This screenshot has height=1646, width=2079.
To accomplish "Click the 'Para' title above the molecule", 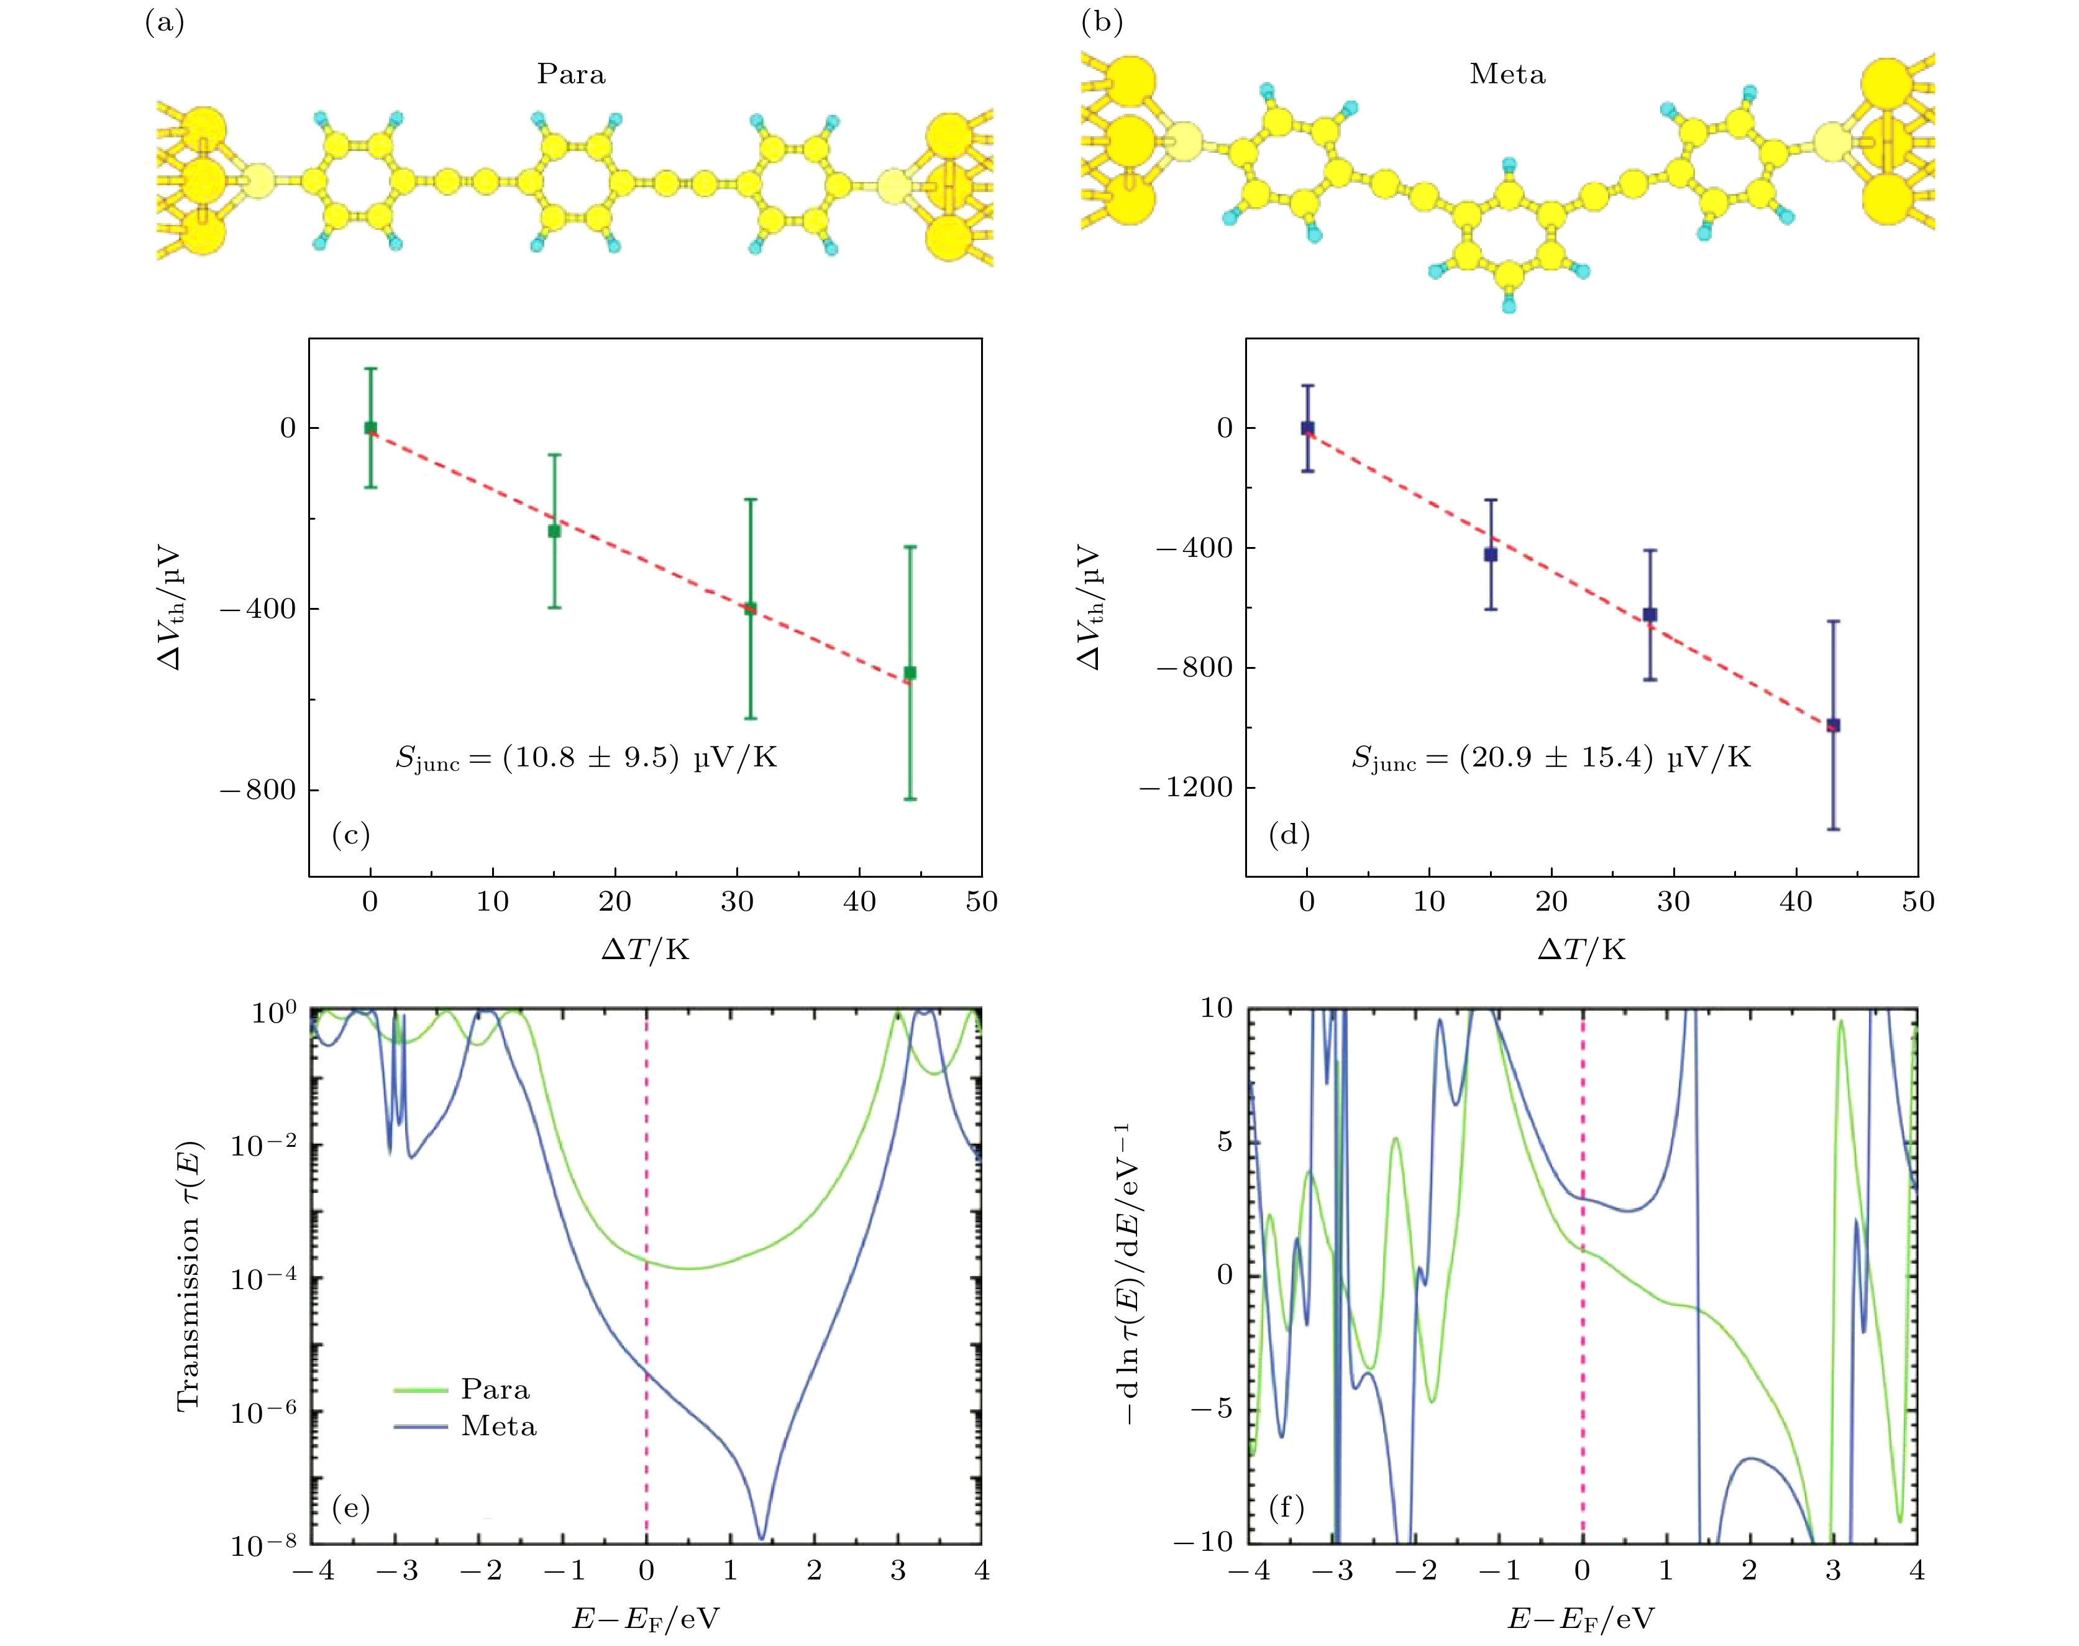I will [x=570, y=74].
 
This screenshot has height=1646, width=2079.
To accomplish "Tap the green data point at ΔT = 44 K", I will [x=910, y=673].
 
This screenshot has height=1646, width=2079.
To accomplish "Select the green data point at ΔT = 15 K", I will [x=554, y=531].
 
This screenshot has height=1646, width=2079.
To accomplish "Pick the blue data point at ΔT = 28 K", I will [x=1649, y=615].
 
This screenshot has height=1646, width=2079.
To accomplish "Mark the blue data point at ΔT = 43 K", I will [x=1834, y=725].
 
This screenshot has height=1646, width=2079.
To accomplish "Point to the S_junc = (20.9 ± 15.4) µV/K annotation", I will [x=1550, y=758].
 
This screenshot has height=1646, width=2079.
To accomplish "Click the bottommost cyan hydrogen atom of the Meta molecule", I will [x=1509, y=306].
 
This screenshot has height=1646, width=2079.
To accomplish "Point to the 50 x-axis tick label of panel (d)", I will [x=1917, y=902].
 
